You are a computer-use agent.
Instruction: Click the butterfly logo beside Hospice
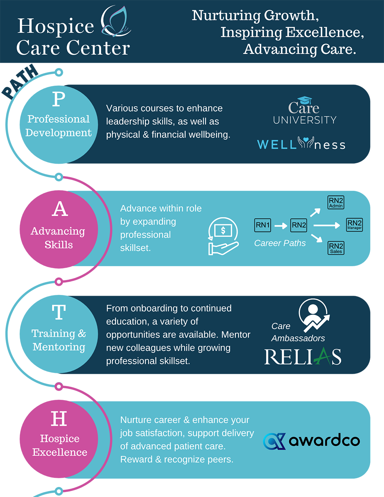tap(115, 22)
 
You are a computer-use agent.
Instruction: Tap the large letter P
tap(59, 99)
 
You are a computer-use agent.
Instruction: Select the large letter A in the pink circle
tap(60, 209)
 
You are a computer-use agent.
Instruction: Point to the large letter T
tap(59, 312)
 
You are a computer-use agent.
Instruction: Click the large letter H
tap(59, 419)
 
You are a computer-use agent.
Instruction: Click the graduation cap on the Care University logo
tap(305, 100)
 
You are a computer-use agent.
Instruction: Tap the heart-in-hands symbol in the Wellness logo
tap(306, 143)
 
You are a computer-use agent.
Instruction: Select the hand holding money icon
tap(223, 236)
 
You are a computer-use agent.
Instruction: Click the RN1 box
tap(263, 225)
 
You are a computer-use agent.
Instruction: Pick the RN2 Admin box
tap(336, 202)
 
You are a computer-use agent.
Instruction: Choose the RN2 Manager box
tap(354, 224)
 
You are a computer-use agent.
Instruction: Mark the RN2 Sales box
tap(336, 248)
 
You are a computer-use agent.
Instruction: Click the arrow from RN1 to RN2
tap(281, 225)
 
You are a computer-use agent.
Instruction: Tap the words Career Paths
tap(280, 243)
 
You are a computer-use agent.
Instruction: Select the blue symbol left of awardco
tap(274, 441)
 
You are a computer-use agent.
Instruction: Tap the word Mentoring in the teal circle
tap(59, 347)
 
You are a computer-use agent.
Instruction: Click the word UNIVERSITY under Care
tap(305, 120)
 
